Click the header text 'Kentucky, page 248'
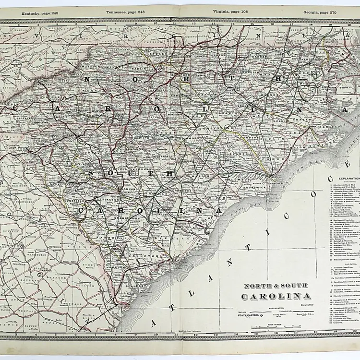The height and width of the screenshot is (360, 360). coord(36,12)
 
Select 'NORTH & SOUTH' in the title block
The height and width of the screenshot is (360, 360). coord(278,286)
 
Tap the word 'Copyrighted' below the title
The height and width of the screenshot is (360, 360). coord(307,304)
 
